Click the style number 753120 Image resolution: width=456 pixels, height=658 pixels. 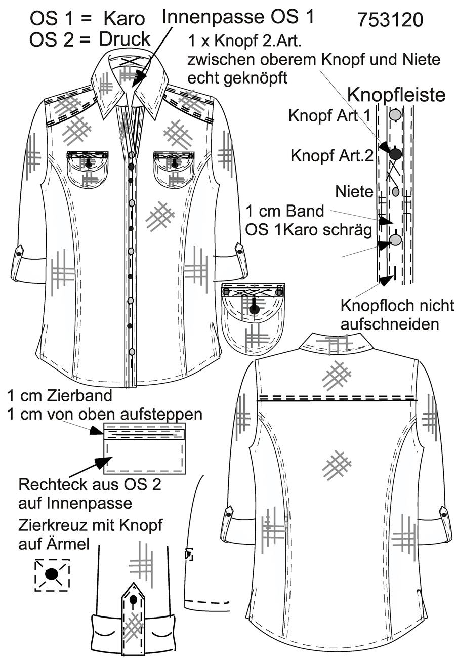[x=390, y=20]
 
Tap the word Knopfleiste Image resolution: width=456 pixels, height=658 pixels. [x=396, y=95]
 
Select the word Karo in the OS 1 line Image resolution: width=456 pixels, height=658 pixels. [x=125, y=19]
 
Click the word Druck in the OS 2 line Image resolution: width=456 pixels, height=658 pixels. [x=125, y=39]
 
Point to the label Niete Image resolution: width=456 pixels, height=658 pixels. [x=354, y=192]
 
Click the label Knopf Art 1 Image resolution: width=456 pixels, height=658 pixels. [x=329, y=116]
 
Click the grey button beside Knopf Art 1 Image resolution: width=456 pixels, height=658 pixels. [x=395, y=114]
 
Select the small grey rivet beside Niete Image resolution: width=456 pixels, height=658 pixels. [x=396, y=192]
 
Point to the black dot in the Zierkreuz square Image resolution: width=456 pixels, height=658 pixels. [x=52, y=573]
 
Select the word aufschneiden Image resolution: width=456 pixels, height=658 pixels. [x=390, y=324]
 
